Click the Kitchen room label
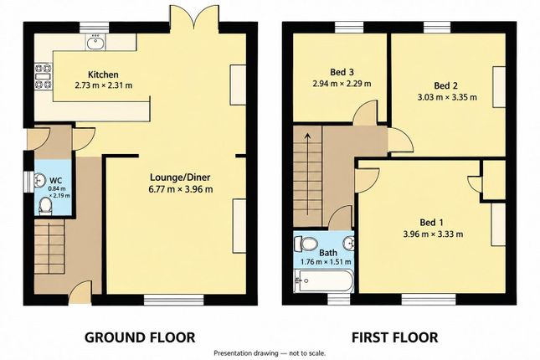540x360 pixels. click(103, 75)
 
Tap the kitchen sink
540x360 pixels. click(95, 43)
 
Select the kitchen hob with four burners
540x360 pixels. click(43, 76)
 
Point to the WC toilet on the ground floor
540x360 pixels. click(45, 206)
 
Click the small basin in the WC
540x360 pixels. click(40, 179)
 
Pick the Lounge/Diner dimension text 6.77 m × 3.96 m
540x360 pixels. click(181, 189)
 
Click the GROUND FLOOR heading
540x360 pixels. click(140, 337)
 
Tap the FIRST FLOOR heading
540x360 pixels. click(394, 337)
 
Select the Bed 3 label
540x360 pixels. click(342, 72)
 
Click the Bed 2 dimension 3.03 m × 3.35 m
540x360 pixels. click(447, 97)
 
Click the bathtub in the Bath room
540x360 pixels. click(323, 281)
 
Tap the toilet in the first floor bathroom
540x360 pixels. click(305, 244)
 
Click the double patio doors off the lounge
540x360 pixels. click(194, 19)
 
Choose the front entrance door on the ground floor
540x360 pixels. click(80, 292)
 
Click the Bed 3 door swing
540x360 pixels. click(365, 113)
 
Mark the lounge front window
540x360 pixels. click(173, 300)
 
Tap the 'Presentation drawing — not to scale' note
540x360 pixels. click(270, 353)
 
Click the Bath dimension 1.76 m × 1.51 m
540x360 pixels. click(326, 262)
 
